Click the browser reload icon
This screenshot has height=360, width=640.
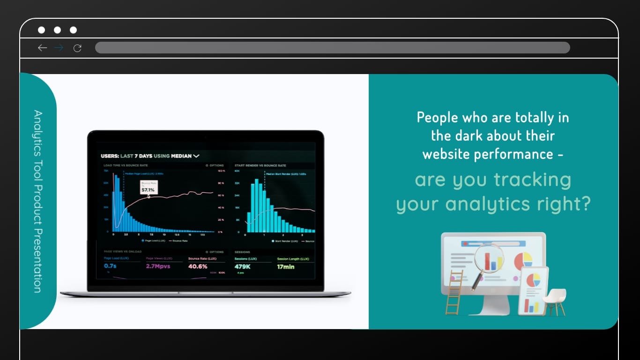pyautogui.click(x=78, y=48)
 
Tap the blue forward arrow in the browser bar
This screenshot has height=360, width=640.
pyautogui.click(x=59, y=48)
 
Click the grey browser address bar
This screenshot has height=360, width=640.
pyautogui.click(x=332, y=48)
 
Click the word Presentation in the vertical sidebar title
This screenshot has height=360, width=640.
pyautogui.click(x=37, y=261)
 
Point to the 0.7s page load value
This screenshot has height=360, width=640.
pyautogui.click(x=111, y=266)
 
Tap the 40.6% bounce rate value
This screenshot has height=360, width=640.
pyautogui.click(x=198, y=266)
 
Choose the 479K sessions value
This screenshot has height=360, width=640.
pyautogui.click(x=243, y=266)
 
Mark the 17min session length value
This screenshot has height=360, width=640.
pyautogui.click(x=285, y=266)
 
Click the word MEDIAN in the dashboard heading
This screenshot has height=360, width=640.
pyautogui.click(x=181, y=156)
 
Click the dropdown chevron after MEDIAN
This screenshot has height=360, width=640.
pyautogui.click(x=196, y=156)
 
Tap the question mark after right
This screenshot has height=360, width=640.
pyautogui.click(x=584, y=204)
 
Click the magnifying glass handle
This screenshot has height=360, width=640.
pyautogui.click(x=476, y=282)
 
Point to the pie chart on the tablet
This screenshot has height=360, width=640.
pyautogui.click(x=533, y=280)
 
